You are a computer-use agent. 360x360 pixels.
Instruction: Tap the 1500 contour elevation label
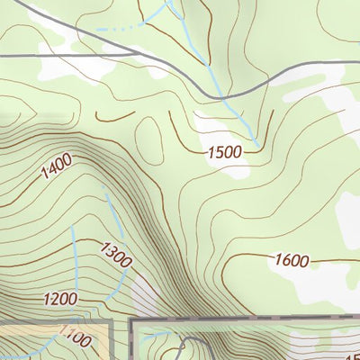point(225,152)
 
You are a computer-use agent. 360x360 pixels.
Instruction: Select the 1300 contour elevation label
point(116,255)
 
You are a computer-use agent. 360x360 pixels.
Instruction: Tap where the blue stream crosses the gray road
point(220,96)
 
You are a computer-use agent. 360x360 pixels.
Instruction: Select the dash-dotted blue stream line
point(121,33)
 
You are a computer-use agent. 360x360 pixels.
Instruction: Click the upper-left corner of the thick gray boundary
point(132,319)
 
